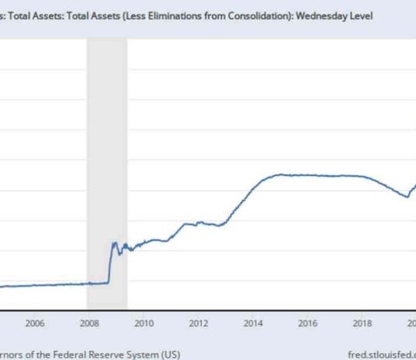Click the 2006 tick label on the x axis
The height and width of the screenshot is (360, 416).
click(x=35, y=323)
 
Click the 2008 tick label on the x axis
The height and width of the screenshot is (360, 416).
click(x=90, y=323)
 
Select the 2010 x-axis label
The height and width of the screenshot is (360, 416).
click(x=144, y=323)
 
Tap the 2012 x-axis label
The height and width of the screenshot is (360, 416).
click(x=199, y=323)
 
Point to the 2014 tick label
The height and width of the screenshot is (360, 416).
click(x=253, y=323)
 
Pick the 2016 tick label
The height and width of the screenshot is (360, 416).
click(x=308, y=323)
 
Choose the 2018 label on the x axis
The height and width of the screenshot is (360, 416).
click(x=362, y=323)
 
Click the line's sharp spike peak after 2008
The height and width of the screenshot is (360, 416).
click(x=114, y=243)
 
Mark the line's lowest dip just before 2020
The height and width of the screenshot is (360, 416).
click(x=407, y=196)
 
